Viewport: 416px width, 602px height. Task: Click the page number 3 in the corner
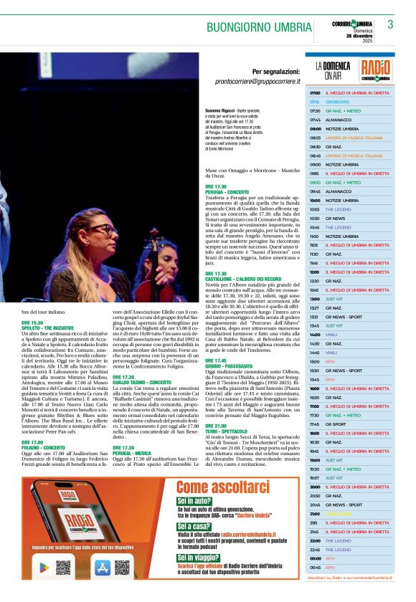[x=390, y=24]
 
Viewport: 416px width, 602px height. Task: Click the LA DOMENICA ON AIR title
[x=331, y=70]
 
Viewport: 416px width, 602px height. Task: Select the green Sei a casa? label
[x=196, y=526]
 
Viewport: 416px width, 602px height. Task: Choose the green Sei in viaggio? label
[x=200, y=557]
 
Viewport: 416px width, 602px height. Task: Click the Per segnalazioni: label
[x=275, y=72]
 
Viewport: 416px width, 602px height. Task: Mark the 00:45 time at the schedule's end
[x=315, y=567]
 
